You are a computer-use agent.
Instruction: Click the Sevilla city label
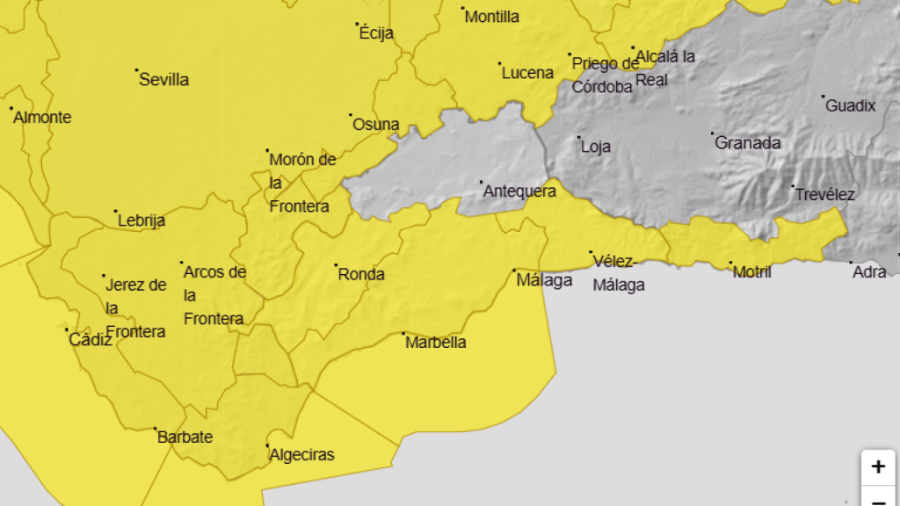tap(164, 80)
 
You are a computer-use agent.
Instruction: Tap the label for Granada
tap(747, 142)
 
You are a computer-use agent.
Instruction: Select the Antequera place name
tap(519, 191)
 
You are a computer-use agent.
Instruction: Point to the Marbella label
tap(435, 343)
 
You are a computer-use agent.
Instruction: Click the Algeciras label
tap(301, 455)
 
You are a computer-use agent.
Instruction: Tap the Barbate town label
tap(185, 437)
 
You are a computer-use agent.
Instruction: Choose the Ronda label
tap(361, 274)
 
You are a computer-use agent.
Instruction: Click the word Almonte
tap(42, 118)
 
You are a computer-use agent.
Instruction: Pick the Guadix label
tap(850, 105)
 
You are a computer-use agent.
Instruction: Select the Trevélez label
tap(824, 194)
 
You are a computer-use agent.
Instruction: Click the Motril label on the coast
tap(751, 272)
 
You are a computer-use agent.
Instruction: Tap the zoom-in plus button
tap(877, 466)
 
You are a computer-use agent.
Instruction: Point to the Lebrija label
tap(142, 220)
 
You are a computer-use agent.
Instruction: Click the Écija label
tap(376, 34)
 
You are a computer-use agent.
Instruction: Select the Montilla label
tap(491, 17)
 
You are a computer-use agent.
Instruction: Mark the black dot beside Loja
tap(578, 138)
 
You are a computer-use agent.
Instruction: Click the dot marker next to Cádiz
tap(67, 330)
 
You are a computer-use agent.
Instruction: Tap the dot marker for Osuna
tap(351, 115)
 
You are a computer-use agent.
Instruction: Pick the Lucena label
tap(527, 73)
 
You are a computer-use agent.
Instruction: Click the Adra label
tap(869, 272)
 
